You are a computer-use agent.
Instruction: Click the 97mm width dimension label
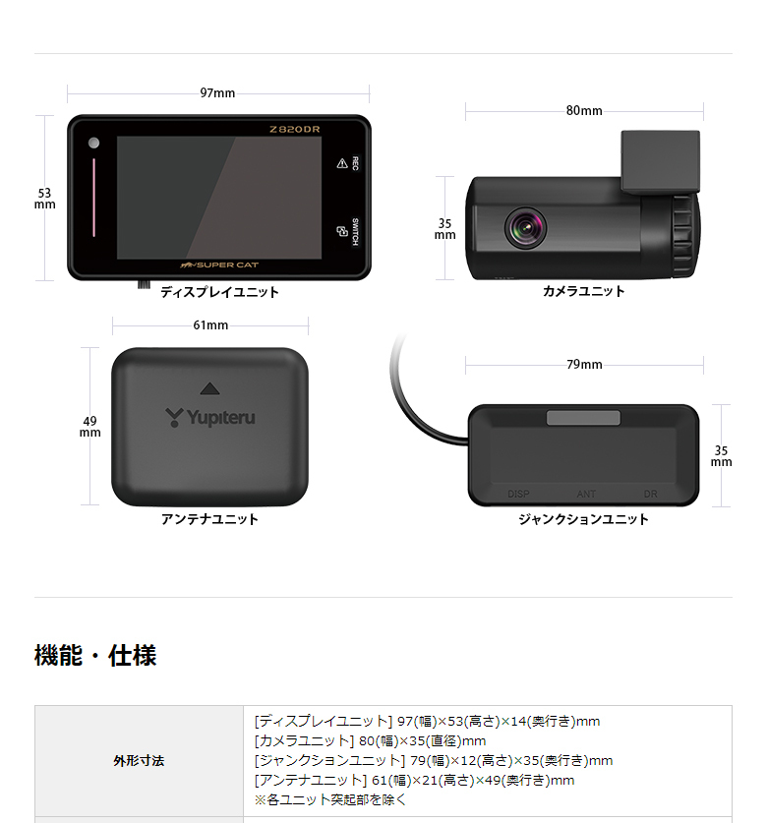point(217,93)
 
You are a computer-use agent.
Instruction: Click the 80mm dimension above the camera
point(584,110)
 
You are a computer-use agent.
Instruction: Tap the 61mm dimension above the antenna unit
point(209,325)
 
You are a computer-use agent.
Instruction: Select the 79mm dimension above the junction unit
point(584,365)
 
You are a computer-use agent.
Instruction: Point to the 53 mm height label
point(44,199)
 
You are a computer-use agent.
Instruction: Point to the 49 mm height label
point(89,427)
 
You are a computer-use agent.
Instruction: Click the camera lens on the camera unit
point(525,227)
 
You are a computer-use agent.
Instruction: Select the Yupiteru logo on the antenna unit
point(209,417)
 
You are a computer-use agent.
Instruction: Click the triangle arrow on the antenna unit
point(207,388)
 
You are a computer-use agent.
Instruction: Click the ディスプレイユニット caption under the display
point(220,292)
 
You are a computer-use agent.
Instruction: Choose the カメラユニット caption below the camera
point(584,291)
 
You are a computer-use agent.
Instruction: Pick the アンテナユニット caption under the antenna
point(209,519)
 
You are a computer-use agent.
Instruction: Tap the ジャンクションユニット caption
point(584,519)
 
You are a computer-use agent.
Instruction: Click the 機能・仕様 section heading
point(95,655)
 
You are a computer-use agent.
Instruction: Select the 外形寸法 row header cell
point(139,761)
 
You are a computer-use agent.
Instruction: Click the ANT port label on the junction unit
point(586,495)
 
